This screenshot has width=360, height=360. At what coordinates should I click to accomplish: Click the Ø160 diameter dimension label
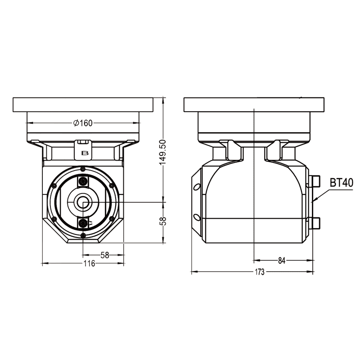[x=82, y=123]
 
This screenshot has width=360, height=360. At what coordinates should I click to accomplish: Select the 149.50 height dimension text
[x=163, y=152]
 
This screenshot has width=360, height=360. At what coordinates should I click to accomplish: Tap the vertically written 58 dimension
[x=163, y=221]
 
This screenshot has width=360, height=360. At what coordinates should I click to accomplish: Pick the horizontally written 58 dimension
[x=104, y=255]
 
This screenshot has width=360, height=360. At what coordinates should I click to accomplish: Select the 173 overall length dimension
[x=259, y=272]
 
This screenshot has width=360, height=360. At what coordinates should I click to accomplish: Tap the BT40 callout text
[x=341, y=183]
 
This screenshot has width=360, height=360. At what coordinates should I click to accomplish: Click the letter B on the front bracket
[x=83, y=153]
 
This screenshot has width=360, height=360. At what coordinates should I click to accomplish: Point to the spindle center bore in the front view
[x=83, y=202]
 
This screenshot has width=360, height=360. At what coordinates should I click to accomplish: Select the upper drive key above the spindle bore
[x=83, y=182]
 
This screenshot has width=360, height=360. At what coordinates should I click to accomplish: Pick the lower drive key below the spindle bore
[x=83, y=223]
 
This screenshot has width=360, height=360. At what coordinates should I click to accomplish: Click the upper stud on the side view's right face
[x=316, y=181]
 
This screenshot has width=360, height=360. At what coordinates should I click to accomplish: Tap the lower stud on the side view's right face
[x=316, y=222]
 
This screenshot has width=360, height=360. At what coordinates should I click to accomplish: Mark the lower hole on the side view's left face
[x=196, y=218]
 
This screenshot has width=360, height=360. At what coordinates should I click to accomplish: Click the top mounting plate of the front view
[x=83, y=104]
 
